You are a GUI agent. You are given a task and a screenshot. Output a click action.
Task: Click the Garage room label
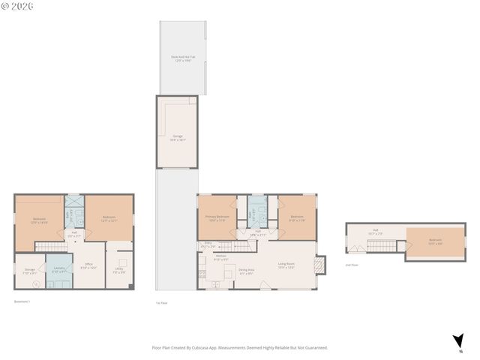point(177,138)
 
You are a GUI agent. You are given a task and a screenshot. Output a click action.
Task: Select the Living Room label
point(286,264)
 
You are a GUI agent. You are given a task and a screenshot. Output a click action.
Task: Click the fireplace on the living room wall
point(321,265)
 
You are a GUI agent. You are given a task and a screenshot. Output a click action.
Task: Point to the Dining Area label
point(246,271)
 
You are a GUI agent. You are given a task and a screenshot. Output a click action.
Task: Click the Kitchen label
point(220,258)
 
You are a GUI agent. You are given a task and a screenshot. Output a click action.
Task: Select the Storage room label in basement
point(29,271)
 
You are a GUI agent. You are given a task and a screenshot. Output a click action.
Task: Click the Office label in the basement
point(88,266)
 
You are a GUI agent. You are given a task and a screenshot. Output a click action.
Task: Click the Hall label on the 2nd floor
point(375,232)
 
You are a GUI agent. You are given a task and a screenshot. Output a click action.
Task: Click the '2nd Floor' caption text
point(351,265)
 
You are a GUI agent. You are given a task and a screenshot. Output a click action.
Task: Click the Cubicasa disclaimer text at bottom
point(240,347)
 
